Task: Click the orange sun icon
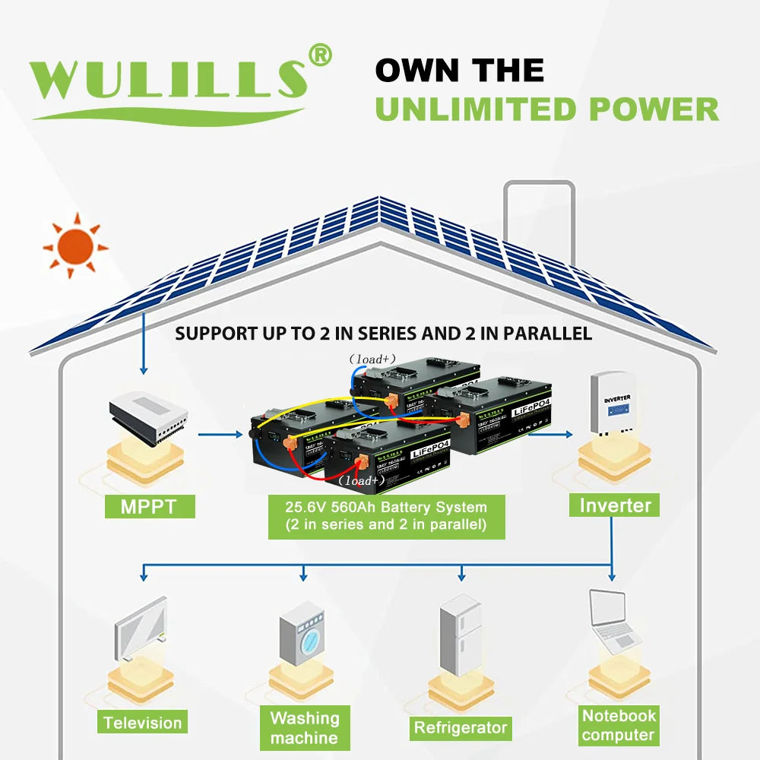[75, 246]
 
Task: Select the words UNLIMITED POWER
[546, 109]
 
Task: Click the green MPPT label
[149, 506]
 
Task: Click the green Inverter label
[615, 505]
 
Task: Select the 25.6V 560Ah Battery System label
[385, 516]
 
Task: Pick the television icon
[141, 632]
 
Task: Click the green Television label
[143, 723]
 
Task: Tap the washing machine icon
[303, 638]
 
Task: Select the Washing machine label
[304, 727]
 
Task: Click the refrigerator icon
[460, 635]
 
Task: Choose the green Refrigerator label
[460, 727]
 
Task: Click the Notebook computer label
[618, 725]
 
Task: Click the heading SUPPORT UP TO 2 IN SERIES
[383, 334]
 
